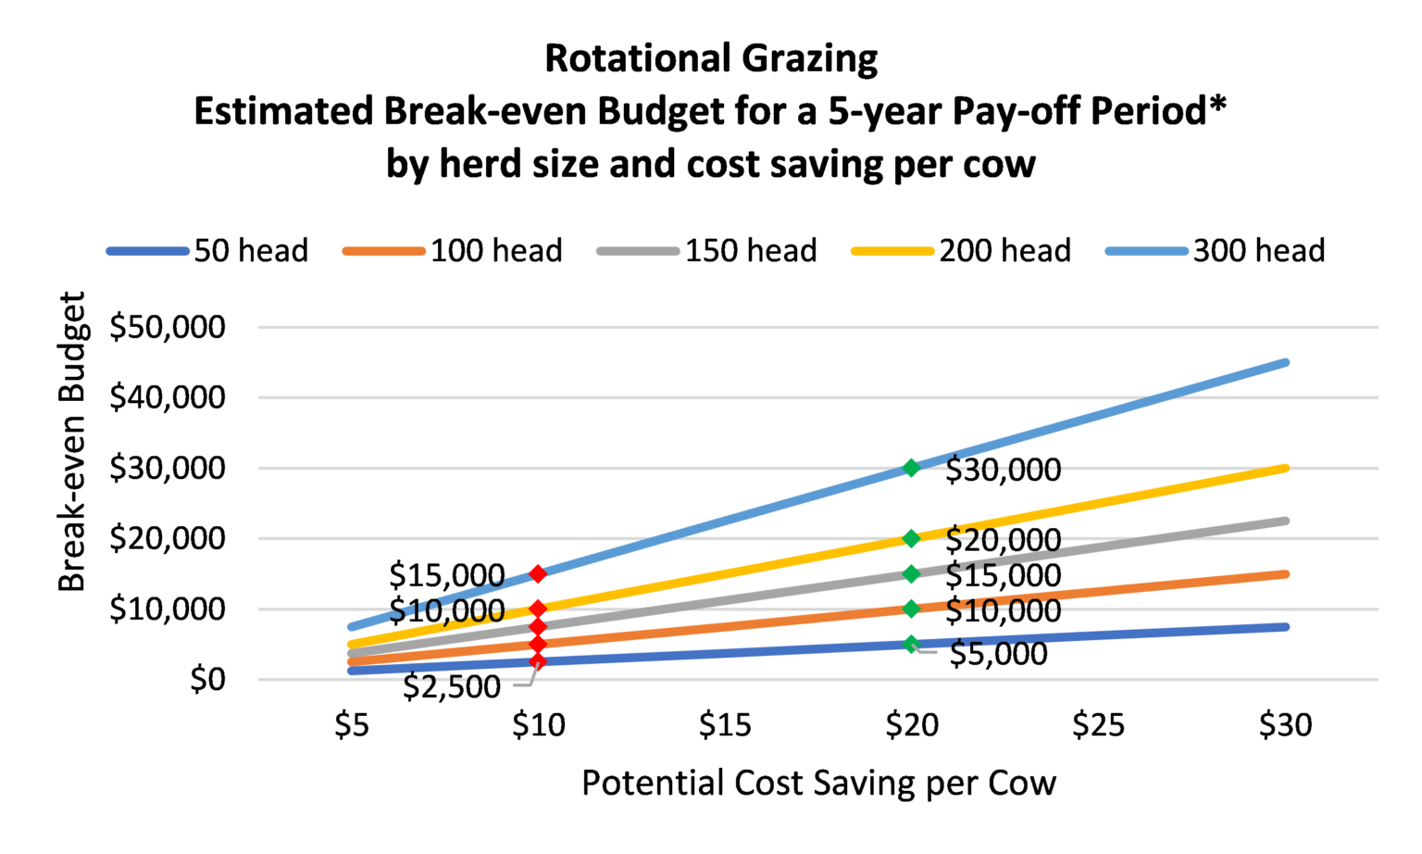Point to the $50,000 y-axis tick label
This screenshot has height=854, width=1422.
[x=168, y=327]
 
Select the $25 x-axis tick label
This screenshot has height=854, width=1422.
[x=1099, y=725]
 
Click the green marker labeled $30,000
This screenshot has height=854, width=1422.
[x=911, y=468]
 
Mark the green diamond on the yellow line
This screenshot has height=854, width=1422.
[x=911, y=538]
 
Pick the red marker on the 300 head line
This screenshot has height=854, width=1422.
[x=538, y=574]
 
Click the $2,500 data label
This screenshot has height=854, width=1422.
[x=452, y=687]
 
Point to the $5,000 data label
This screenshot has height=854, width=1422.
[x=999, y=654]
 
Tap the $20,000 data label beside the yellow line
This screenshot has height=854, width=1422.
[x=1003, y=540]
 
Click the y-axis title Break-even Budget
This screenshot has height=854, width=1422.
[x=72, y=442]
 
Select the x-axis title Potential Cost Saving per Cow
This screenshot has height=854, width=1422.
[x=818, y=784]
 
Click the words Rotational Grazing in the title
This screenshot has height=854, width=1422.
[x=711, y=58]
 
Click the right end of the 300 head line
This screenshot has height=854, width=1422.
[x=1284, y=362]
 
